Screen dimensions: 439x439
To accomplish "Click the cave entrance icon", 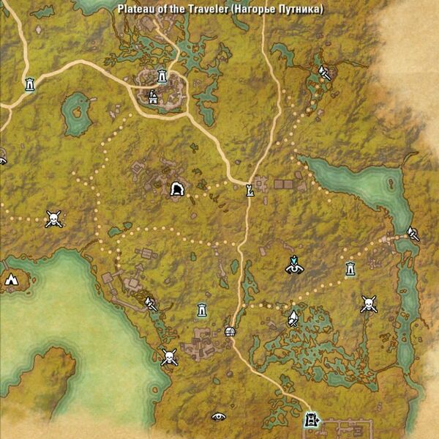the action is pyautogui.click(x=176, y=190).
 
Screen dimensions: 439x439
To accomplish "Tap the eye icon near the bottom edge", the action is pyautogui.click(x=218, y=416).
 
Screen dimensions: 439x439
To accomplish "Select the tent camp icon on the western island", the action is pyautogui.click(x=11, y=279).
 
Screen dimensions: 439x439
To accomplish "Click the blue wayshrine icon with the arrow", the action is pyautogui.click(x=294, y=265).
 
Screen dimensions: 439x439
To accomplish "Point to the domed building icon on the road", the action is pyautogui.click(x=230, y=332).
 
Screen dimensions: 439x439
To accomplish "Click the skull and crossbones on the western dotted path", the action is pyautogui.click(x=53, y=218).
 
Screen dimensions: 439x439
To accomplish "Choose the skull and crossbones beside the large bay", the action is pyautogui.click(x=169, y=358).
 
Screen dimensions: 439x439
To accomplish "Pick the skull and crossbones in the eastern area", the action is pyautogui.click(x=369, y=303).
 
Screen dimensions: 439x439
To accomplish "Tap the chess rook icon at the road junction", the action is pyautogui.click(x=250, y=191).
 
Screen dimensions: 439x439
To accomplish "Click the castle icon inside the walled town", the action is pyautogui.click(x=153, y=96).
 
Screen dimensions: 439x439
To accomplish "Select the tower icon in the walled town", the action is pyautogui.click(x=162, y=75).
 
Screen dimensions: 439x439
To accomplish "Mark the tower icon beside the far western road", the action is pyautogui.click(x=29, y=84).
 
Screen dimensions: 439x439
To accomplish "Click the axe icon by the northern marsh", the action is pyautogui.click(x=324, y=73).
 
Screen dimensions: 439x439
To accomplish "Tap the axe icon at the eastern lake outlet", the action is pyautogui.click(x=412, y=234).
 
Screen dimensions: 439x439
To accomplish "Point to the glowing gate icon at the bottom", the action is pyautogui.click(x=312, y=420).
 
